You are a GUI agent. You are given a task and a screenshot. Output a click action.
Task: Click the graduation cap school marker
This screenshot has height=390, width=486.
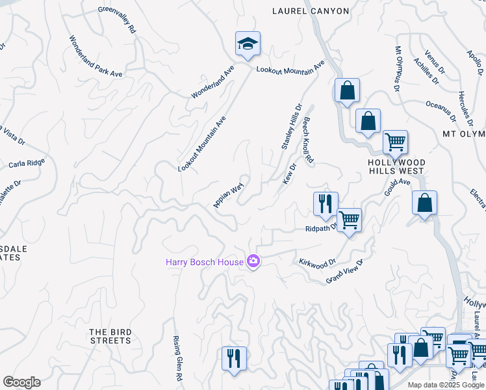click(248, 44)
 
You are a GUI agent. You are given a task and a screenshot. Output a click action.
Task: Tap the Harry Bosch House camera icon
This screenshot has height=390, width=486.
click(253, 262)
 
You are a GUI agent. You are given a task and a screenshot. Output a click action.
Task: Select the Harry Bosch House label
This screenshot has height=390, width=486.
click(204, 262)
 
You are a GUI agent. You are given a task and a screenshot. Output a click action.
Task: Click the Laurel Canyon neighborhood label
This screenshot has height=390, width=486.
click(311, 11)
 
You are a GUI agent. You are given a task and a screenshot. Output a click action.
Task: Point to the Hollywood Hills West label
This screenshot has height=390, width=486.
click(396, 166)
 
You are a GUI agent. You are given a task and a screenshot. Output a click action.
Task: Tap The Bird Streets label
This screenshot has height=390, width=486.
click(110, 336)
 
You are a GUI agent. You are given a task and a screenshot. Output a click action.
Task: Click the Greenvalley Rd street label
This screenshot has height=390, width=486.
click(117, 20)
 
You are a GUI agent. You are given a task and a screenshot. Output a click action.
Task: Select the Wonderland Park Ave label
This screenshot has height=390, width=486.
click(96, 57)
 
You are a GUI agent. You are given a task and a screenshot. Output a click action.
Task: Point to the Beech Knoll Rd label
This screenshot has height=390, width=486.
click(308, 140)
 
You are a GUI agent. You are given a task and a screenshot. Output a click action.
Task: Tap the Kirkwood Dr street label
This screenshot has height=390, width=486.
click(316, 262)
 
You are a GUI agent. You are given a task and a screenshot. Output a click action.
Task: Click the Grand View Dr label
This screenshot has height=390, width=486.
click(344, 270)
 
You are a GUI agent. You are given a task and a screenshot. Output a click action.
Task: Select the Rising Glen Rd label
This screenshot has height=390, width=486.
click(177, 358)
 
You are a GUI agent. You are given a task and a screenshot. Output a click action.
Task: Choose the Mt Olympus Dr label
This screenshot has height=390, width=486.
click(397, 69)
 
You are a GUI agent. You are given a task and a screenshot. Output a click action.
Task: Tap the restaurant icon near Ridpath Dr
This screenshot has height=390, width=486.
click(324, 203)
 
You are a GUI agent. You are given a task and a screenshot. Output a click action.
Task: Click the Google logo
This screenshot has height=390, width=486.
click(21, 382)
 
